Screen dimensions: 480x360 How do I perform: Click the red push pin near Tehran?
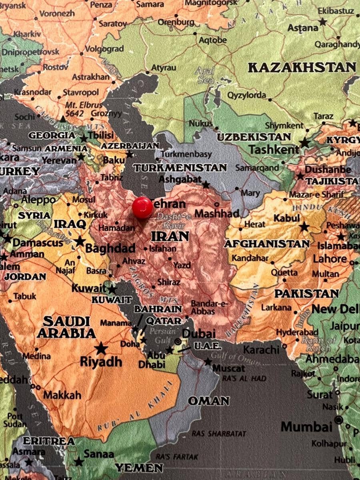tap(142, 208)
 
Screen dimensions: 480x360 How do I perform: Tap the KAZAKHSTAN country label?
tap(302, 67)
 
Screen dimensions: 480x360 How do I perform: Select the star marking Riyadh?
tap(101, 348)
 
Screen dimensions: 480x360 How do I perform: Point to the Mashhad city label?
tap(217, 213)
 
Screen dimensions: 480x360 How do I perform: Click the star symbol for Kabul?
tap(304, 227)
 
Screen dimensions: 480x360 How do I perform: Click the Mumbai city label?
tap(306, 426)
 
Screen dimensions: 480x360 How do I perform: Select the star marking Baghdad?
tap(80, 241)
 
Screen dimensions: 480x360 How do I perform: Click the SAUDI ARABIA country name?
tap(66, 327)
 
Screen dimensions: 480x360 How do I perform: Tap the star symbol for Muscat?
tap(208, 362)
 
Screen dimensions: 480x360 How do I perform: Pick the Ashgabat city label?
tap(180, 179)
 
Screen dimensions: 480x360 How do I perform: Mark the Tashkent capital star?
tap(305, 142)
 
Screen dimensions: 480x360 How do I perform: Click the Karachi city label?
tap(261, 350)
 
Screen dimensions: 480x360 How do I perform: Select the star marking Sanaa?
tap(79, 462)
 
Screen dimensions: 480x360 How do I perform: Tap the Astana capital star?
tap(322, 22)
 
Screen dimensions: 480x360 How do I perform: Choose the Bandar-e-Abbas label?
tap(209, 307)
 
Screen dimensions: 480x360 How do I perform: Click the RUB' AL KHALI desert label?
tap(136, 408)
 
